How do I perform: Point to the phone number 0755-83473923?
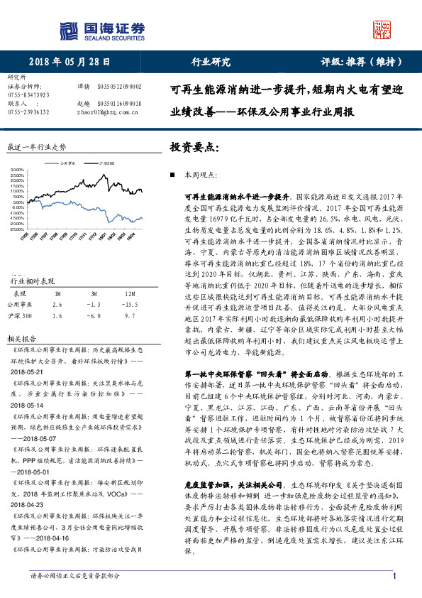pos(28,94)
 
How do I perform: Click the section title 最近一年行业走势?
pos(36,147)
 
